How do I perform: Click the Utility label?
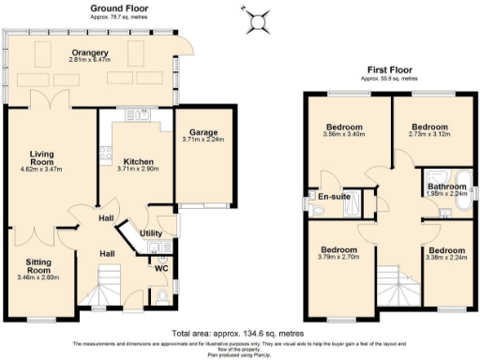(x=152, y=232)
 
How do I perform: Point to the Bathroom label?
(x=445, y=187)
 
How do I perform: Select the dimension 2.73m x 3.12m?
(x=430, y=134)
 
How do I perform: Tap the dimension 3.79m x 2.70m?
(x=337, y=256)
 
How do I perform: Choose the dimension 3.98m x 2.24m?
(x=446, y=258)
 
